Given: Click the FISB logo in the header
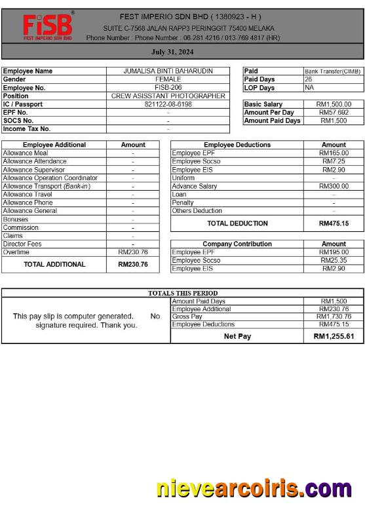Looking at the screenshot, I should point(47,26).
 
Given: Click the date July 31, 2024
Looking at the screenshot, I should point(172,51).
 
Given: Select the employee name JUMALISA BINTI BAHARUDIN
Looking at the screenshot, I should point(168,71).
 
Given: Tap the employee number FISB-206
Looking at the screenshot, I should point(168,87).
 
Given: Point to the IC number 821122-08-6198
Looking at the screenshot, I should point(168,104).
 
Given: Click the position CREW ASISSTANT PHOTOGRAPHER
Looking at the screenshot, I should point(168,96).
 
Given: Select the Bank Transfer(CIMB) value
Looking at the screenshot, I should point(333,71).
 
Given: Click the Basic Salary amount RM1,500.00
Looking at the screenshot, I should point(334,104).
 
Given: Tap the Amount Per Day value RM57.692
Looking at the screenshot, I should point(334,112).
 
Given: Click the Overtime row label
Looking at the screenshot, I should point(16,252).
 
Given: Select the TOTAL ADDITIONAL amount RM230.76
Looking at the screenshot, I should point(133,265).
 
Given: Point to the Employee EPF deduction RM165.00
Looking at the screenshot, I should point(334,153).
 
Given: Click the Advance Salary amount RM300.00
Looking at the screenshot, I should point(334,186).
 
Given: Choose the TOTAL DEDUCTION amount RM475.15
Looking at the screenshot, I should point(334,223).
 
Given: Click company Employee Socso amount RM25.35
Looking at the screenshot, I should point(334,260).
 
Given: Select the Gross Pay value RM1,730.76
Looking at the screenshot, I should point(334,316).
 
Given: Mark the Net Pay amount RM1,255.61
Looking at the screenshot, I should point(334,336).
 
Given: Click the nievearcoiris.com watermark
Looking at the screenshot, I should point(254,489).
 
